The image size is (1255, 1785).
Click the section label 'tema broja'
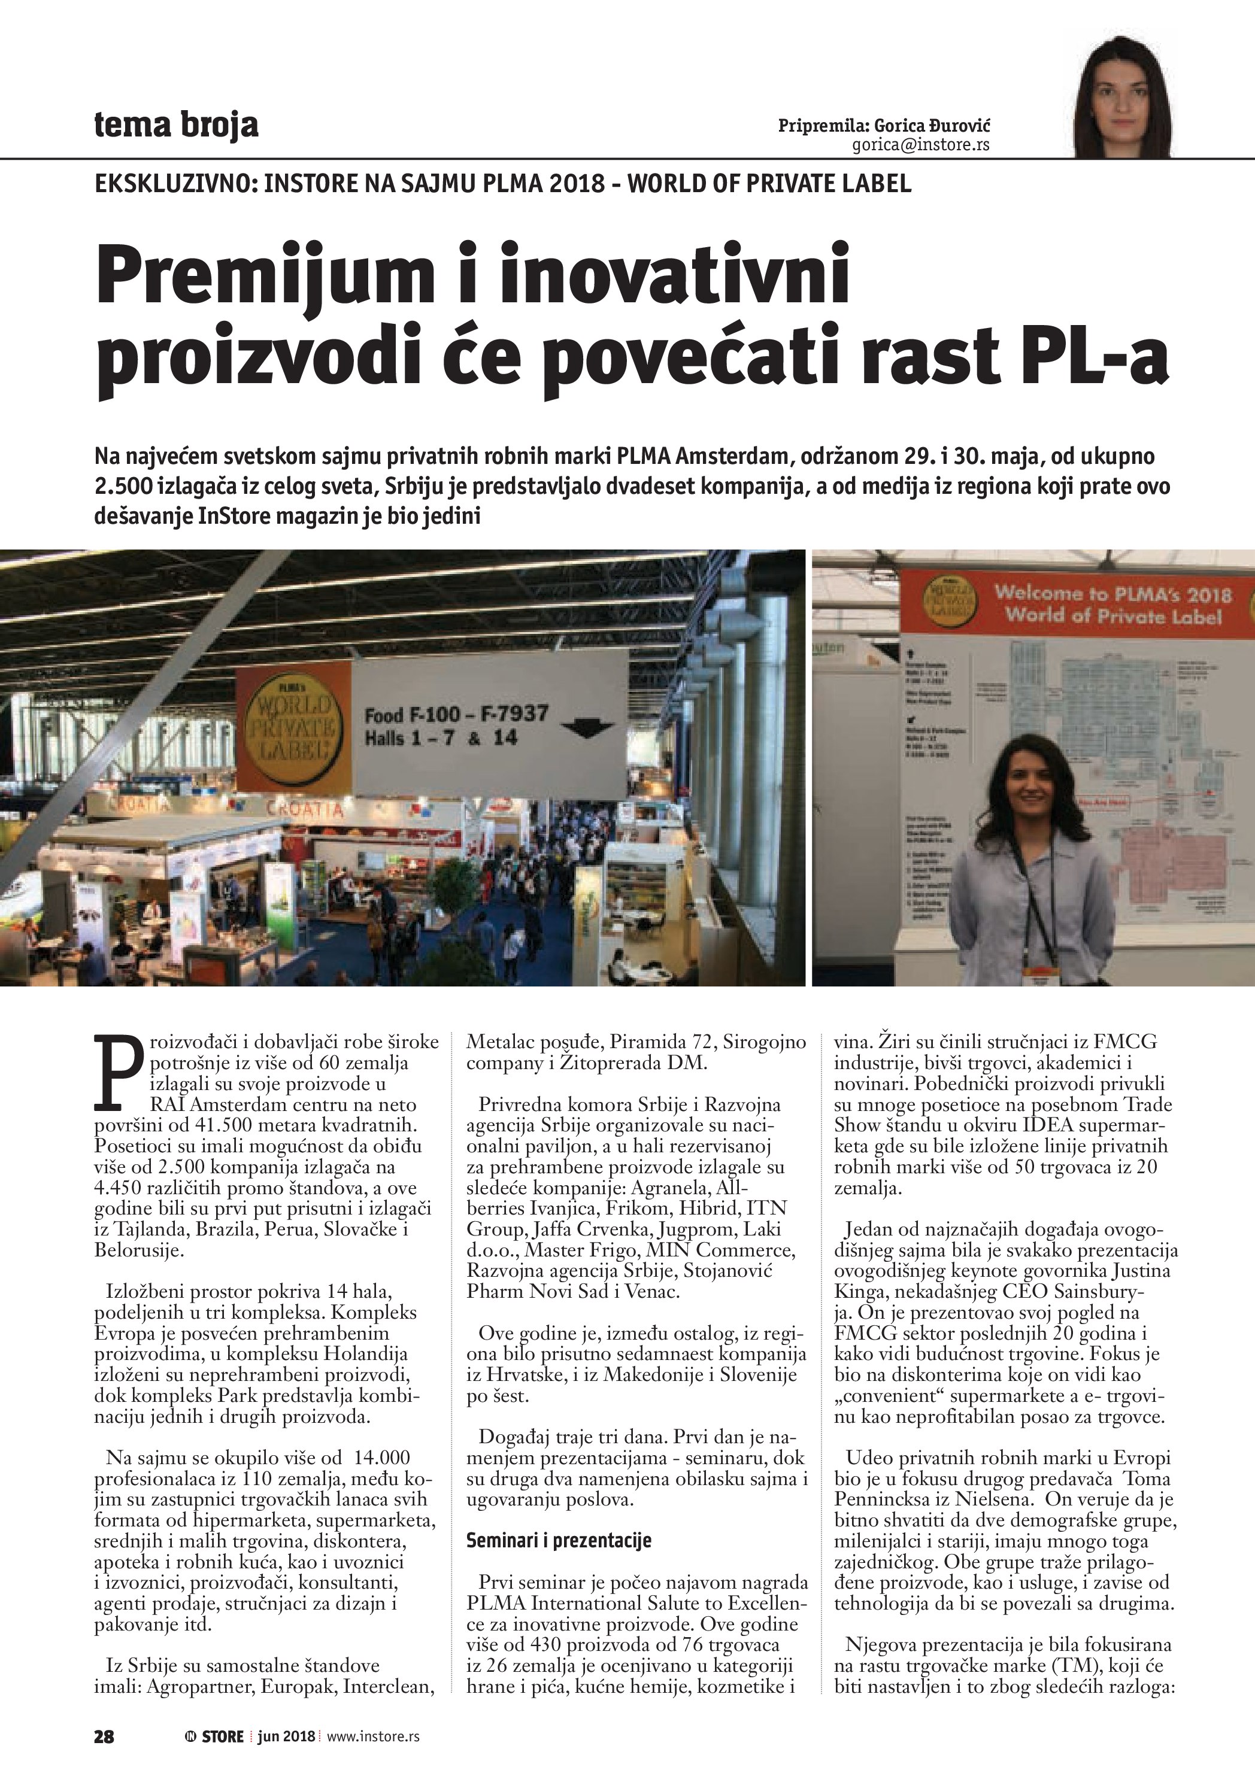[x=175, y=125]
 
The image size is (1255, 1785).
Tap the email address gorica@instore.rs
[x=921, y=145]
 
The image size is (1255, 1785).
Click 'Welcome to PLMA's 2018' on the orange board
[x=1112, y=594]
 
